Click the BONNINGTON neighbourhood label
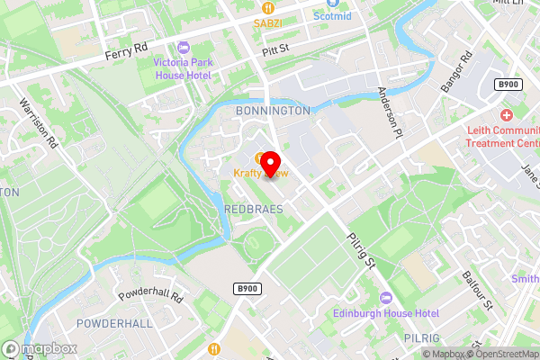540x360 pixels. (x=272, y=110)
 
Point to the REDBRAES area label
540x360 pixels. (x=253, y=209)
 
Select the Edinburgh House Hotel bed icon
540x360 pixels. (x=387, y=298)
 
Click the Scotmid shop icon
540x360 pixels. (x=319, y=15)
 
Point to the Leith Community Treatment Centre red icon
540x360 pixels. (x=507, y=116)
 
